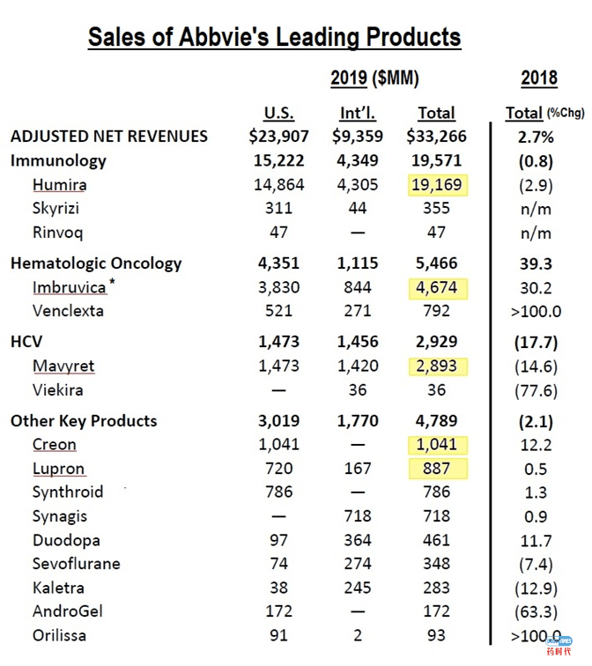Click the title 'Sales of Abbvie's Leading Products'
click(274, 37)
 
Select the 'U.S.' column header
click(278, 113)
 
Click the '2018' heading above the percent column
click(538, 78)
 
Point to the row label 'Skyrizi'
click(57, 209)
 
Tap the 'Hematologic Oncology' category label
click(96, 263)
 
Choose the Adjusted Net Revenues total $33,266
click(435, 136)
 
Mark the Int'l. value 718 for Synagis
click(358, 516)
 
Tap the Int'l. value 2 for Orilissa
click(358, 634)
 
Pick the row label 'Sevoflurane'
click(77, 564)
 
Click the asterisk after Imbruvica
click(114, 284)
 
